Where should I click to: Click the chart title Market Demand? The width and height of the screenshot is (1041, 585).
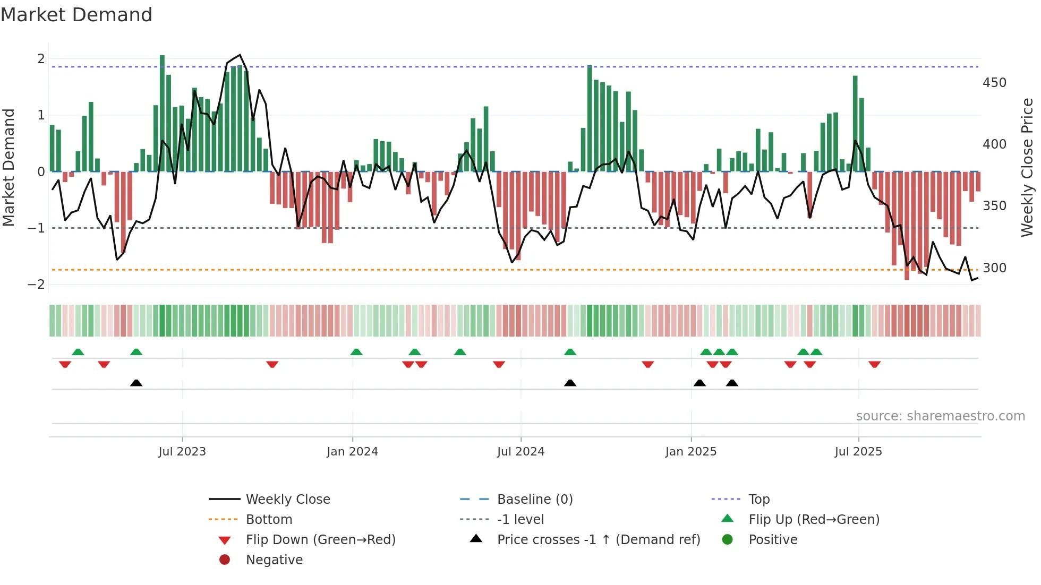point(76,15)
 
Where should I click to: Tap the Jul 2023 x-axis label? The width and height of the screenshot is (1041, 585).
point(182,452)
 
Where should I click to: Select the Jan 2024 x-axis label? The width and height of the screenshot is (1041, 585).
point(352,452)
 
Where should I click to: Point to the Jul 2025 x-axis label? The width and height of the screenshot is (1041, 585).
point(858,452)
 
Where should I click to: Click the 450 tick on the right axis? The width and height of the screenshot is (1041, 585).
point(994,83)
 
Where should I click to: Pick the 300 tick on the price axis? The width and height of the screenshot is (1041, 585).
point(994,268)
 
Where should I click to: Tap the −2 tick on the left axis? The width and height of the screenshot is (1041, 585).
point(37,285)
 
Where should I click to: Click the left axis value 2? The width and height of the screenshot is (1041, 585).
point(41,59)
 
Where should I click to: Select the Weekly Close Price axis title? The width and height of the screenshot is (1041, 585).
point(1027,167)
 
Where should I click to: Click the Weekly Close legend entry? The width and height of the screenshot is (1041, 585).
point(287,500)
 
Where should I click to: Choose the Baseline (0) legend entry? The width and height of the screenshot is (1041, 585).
point(534,500)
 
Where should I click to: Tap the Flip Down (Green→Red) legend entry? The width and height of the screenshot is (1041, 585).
point(320,540)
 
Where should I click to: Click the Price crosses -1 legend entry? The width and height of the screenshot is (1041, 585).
point(598,540)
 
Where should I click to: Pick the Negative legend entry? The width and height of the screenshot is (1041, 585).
point(274,560)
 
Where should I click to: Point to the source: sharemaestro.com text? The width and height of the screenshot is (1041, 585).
point(940,416)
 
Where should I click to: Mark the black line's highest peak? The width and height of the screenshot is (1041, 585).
point(240,55)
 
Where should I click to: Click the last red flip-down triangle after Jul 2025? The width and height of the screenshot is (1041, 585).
point(874,365)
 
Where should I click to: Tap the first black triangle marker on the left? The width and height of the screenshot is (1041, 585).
point(136,383)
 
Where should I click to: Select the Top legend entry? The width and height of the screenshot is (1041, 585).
point(758,500)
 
